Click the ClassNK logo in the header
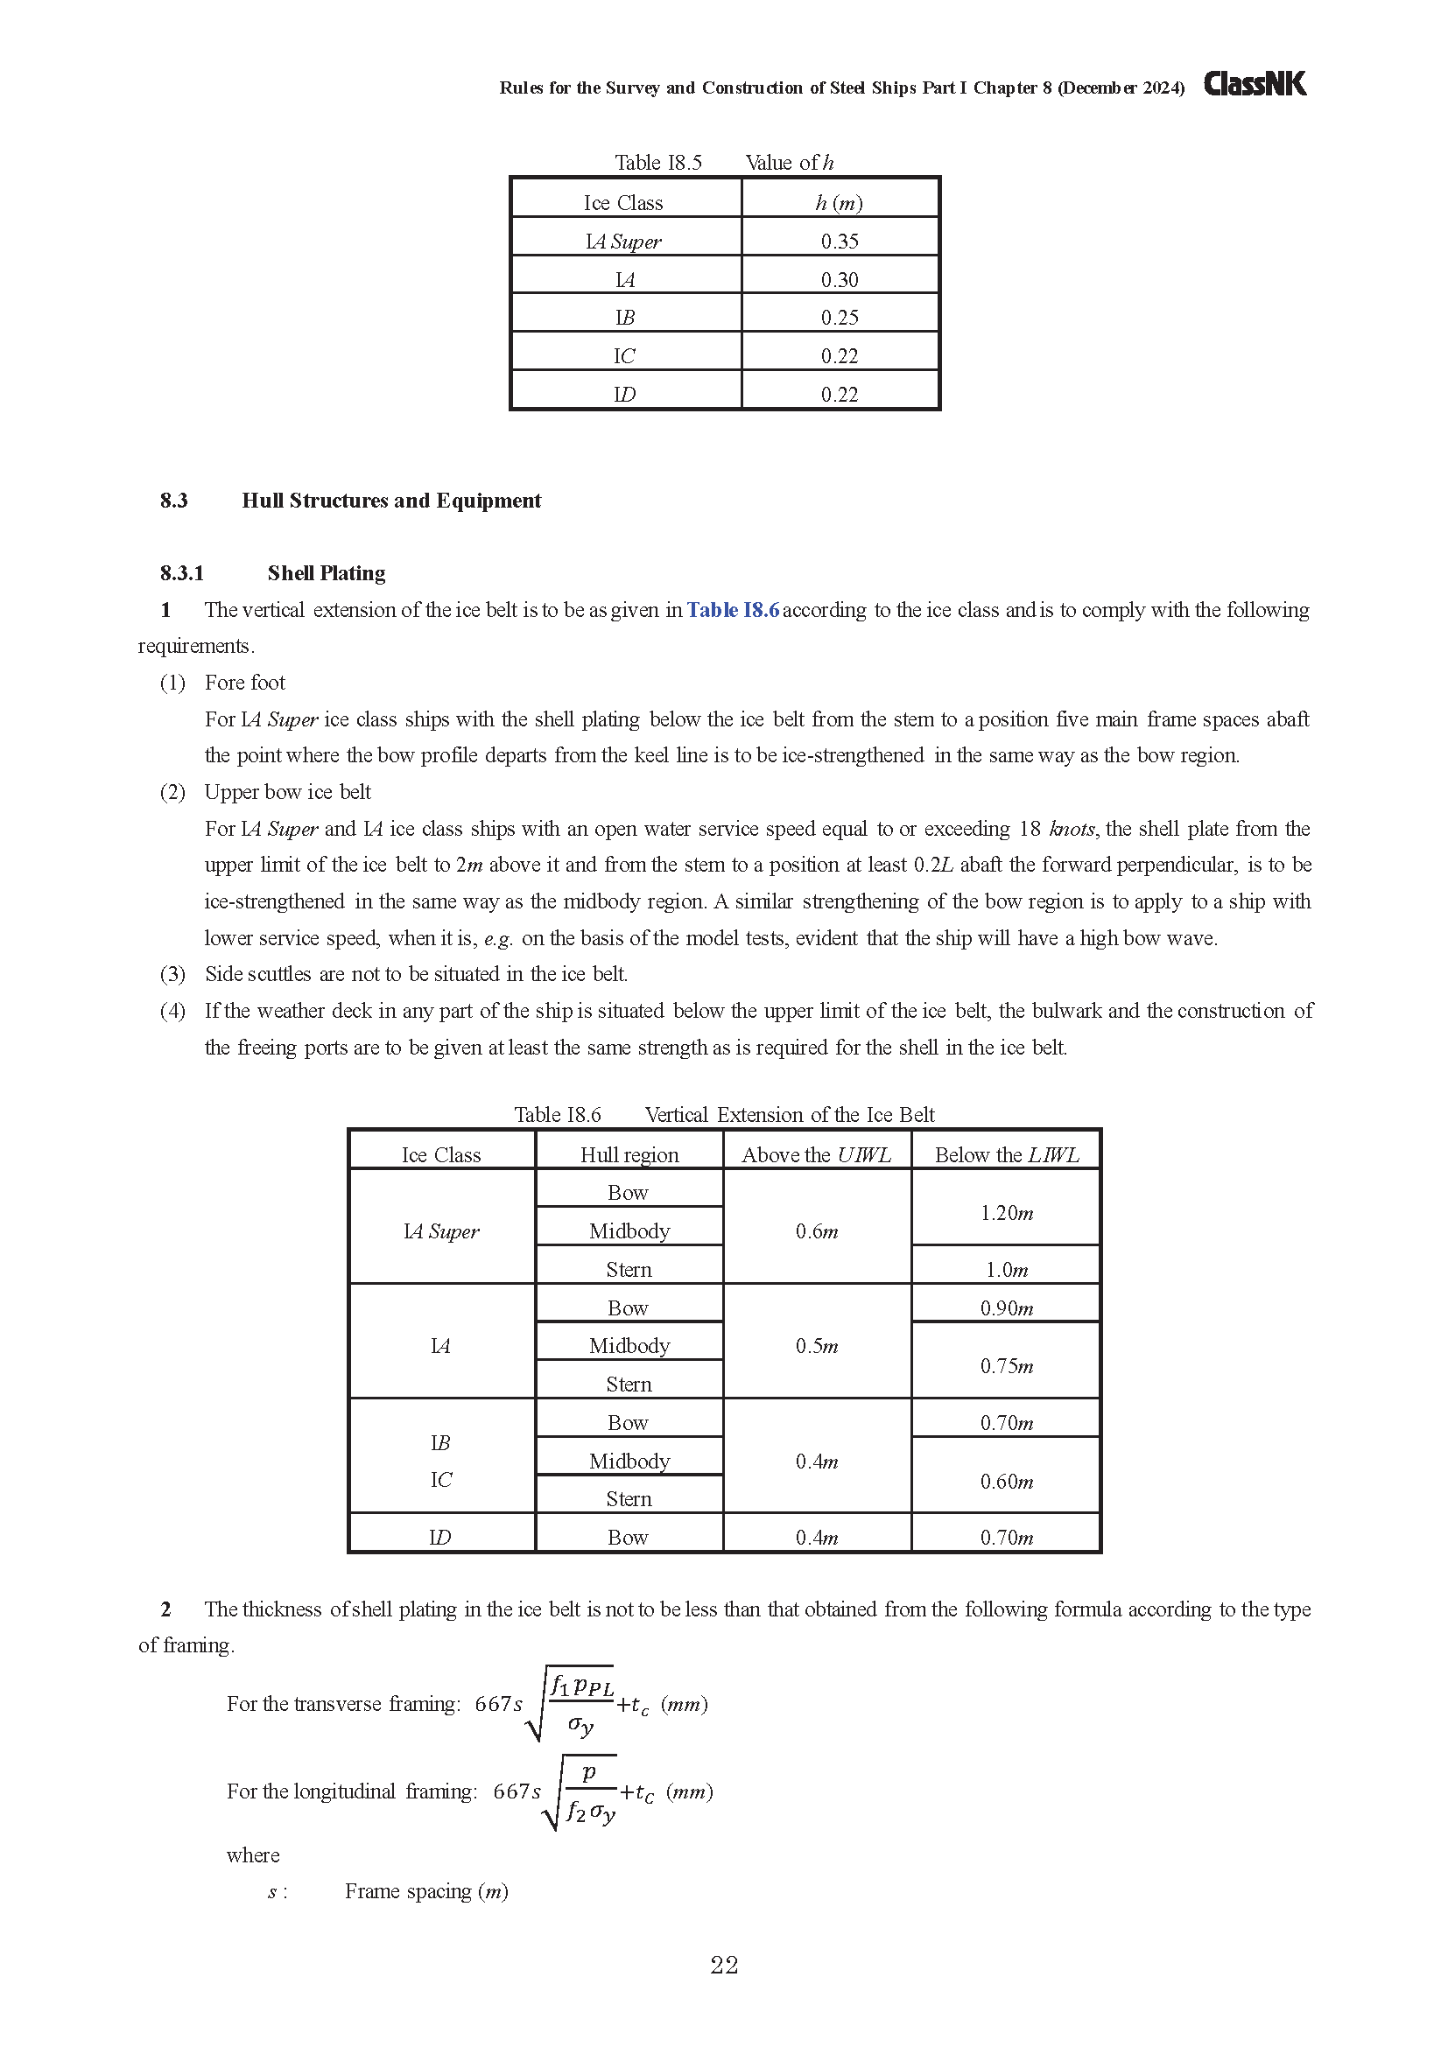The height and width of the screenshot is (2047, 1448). (x=1255, y=84)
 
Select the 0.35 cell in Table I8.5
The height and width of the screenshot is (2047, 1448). (x=839, y=242)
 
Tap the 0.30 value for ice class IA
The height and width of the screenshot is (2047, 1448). (x=839, y=280)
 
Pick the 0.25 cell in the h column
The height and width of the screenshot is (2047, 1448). (x=839, y=318)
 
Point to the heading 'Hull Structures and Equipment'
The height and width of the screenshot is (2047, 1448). (x=390, y=501)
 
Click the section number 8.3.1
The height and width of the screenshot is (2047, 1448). (x=182, y=573)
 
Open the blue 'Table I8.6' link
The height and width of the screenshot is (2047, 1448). (x=732, y=610)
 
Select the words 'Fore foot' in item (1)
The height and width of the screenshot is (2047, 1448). (x=244, y=682)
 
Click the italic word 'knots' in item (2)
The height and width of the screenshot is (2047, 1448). (x=1072, y=828)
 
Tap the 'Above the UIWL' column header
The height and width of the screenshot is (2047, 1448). (x=816, y=1154)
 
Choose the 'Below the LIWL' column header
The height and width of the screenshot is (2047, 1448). (x=1007, y=1154)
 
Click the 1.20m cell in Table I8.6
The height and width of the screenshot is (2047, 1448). (x=1007, y=1212)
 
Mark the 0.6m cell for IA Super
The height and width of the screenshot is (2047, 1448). (x=817, y=1231)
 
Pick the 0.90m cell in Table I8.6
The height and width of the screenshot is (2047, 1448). (x=1007, y=1307)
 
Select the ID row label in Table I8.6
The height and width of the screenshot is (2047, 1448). (x=440, y=1537)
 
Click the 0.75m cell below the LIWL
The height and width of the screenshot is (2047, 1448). (x=1007, y=1366)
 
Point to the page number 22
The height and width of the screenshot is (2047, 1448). (x=724, y=1965)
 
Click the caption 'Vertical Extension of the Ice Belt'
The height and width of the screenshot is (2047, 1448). (x=789, y=1114)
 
